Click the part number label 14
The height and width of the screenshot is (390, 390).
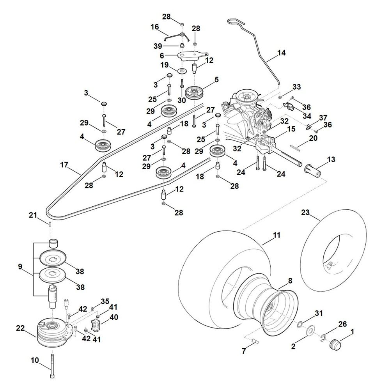click(281, 52)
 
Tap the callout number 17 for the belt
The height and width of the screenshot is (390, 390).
click(64, 165)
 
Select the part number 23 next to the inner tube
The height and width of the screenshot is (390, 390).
click(305, 212)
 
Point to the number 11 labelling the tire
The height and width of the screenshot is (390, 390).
click(277, 235)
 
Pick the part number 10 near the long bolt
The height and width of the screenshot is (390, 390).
click(35, 360)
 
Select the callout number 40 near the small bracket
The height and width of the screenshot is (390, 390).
click(113, 317)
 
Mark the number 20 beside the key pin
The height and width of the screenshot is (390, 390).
click(313, 138)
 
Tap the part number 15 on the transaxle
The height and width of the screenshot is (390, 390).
click(291, 128)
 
